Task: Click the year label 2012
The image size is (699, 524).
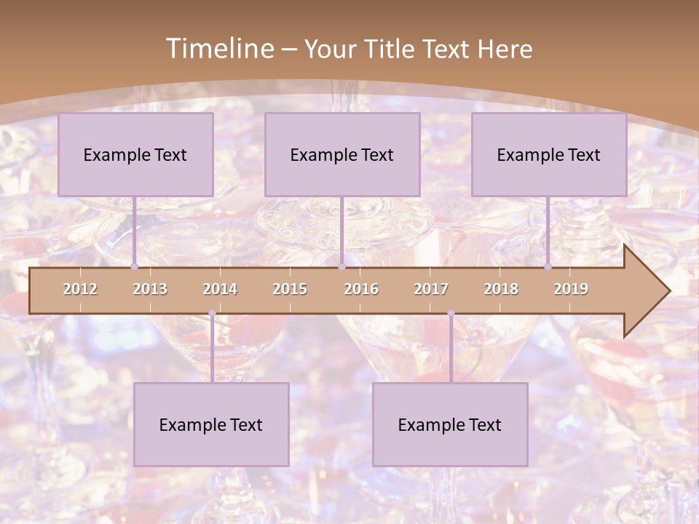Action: [x=80, y=289]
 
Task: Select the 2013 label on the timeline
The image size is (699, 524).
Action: [x=150, y=289]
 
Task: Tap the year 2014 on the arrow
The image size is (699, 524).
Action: [x=220, y=289]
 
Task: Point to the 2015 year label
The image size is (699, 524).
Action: [x=290, y=289]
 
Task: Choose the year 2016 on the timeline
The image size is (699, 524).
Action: [x=361, y=289]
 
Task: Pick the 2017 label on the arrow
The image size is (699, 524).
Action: [x=431, y=289]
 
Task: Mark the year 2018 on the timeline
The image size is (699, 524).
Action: [x=501, y=289]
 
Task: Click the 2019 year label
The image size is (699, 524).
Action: [x=571, y=289]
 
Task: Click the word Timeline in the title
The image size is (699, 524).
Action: [x=218, y=49]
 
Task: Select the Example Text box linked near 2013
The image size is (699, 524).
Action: [x=135, y=154]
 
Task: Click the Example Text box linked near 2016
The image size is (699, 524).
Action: [x=342, y=154]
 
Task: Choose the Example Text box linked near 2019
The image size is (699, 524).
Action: [x=549, y=154]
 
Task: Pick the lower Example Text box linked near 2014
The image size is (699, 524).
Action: [x=211, y=424]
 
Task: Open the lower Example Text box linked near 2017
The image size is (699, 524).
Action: [x=450, y=424]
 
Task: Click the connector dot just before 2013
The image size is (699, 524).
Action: [x=134, y=267]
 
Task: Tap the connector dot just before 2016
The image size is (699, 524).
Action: [x=342, y=267]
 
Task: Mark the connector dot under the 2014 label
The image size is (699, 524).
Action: [x=212, y=313]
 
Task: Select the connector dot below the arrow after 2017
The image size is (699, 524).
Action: [x=451, y=313]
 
